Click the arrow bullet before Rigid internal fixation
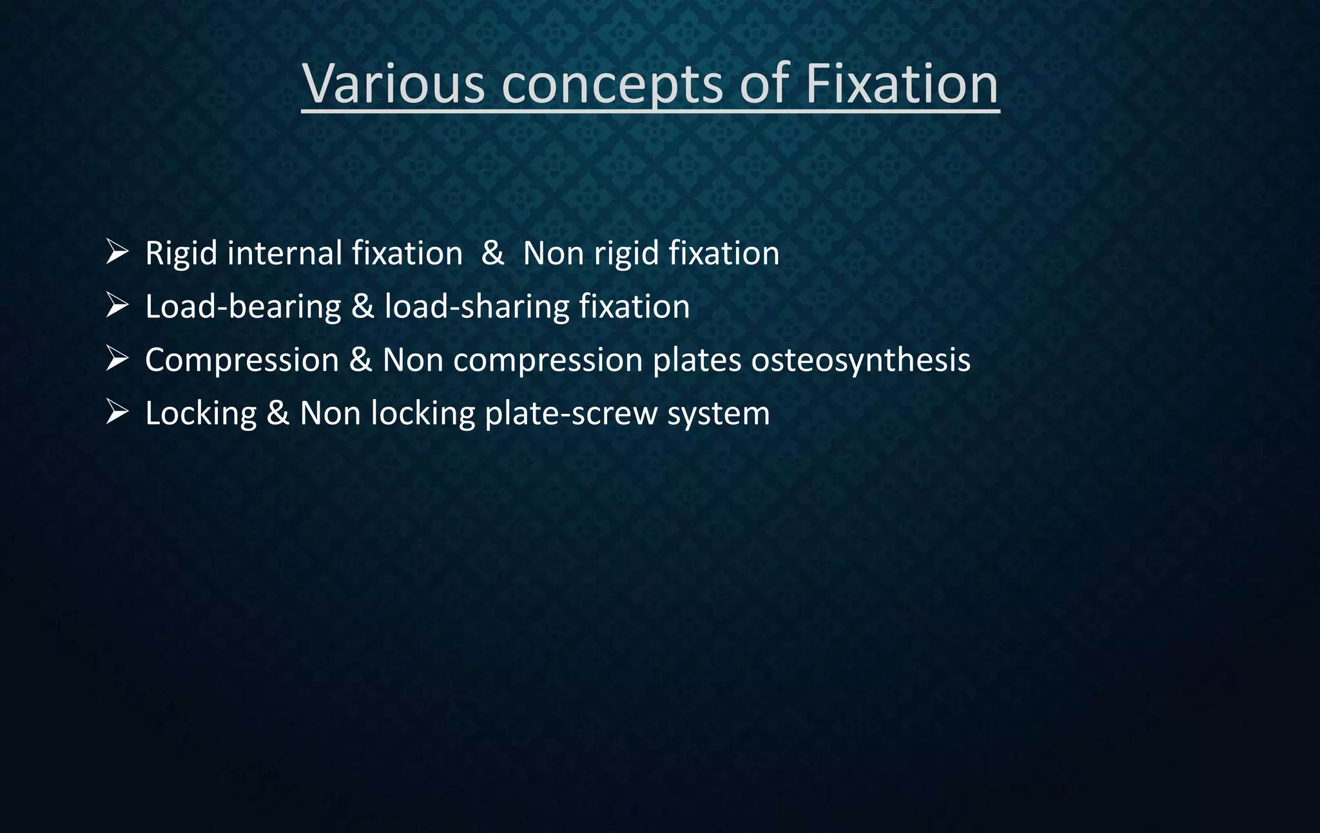117,251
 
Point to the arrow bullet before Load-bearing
117,305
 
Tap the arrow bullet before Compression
117,358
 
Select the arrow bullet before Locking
117,412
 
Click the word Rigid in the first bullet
181,253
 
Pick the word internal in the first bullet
286,253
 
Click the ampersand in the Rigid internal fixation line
492,253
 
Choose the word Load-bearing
243,307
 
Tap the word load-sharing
477,307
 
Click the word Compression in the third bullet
242,360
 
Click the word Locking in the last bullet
200,414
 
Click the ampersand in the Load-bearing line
362,306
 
